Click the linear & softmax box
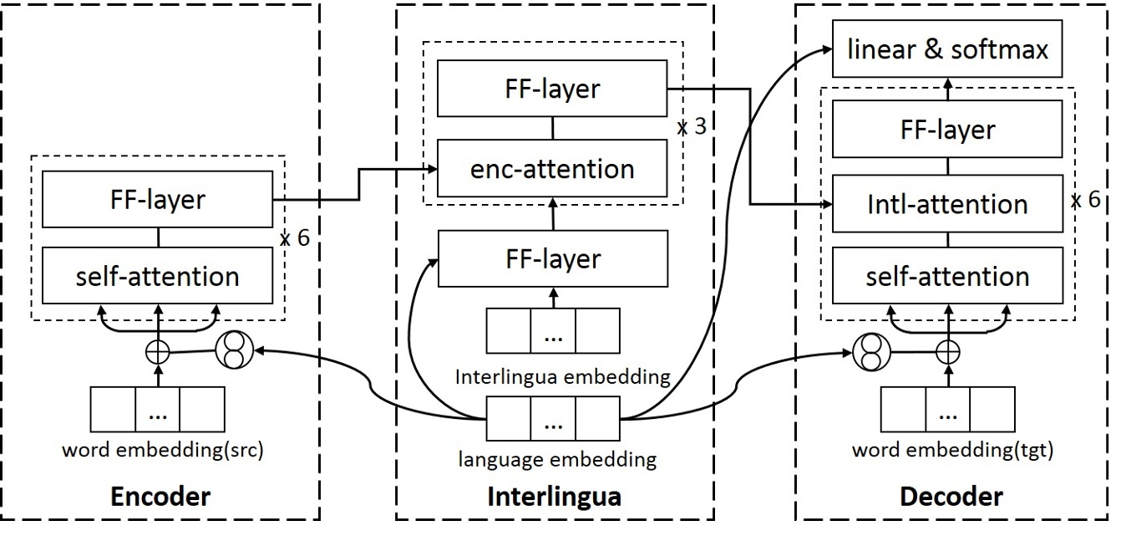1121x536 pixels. [947, 50]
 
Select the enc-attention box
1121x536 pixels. [552, 169]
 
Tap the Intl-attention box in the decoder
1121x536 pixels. [948, 204]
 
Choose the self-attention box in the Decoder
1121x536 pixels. [948, 276]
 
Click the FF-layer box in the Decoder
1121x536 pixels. [948, 130]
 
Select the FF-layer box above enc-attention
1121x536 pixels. [552, 89]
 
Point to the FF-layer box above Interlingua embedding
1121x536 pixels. [552, 258]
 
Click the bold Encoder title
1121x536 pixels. [161, 497]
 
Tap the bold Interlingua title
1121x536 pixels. [554, 497]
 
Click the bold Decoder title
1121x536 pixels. [951, 497]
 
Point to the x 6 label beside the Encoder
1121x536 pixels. [294, 237]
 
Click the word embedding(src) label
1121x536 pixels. [162, 451]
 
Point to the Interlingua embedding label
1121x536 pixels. [562, 376]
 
